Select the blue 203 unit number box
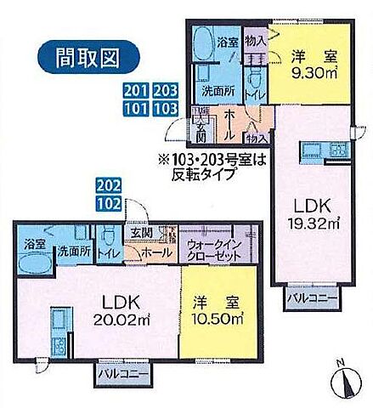coord(164,91)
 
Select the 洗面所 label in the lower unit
coord(74,252)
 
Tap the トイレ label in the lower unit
coord(108,252)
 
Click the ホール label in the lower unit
coord(155,252)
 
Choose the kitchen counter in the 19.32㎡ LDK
coord(308,154)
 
